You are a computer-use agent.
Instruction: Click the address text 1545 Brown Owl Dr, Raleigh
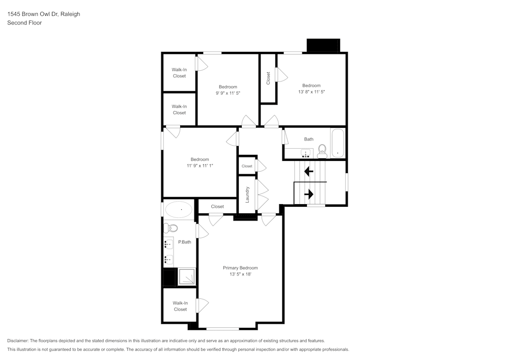(x=43, y=14)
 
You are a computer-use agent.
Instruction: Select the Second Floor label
(x=24, y=23)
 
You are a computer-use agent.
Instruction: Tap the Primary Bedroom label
(x=240, y=268)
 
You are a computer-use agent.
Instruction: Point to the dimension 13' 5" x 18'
(x=240, y=274)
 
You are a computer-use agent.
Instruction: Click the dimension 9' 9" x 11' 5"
(x=228, y=93)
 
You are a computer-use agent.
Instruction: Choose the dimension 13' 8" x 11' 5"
(x=311, y=92)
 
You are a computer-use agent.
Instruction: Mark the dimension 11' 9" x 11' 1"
(x=200, y=166)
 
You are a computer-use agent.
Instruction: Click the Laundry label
(x=247, y=195)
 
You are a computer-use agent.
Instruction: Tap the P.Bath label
(x=184, y=242)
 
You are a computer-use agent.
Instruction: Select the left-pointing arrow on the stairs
(x=308, y=171)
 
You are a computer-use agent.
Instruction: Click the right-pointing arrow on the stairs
(x=308, y=194)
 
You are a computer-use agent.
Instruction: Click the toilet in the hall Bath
(x=322, y=150)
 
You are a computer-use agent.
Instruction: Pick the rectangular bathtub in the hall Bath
(x=338, y=144)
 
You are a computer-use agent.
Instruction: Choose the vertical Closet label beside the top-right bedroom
(x=268, y=78)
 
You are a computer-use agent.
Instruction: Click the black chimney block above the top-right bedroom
(x=323, y=46)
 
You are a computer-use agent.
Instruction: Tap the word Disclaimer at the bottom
(x=18, y=341)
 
